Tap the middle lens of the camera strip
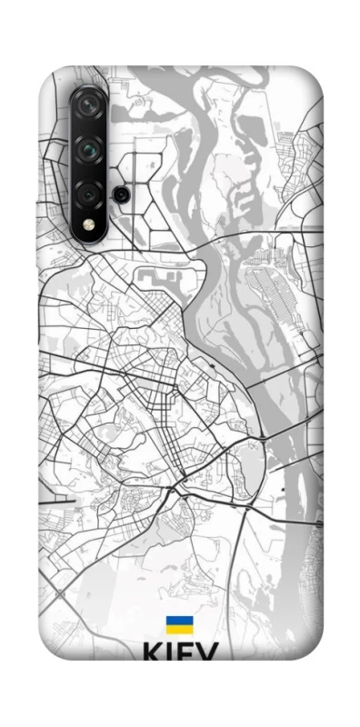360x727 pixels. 89,147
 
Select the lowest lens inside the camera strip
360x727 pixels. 89,192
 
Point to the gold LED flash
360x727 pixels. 89,224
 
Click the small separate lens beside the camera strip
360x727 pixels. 119,194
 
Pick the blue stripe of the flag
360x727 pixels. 179,621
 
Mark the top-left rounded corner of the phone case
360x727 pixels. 50,77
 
